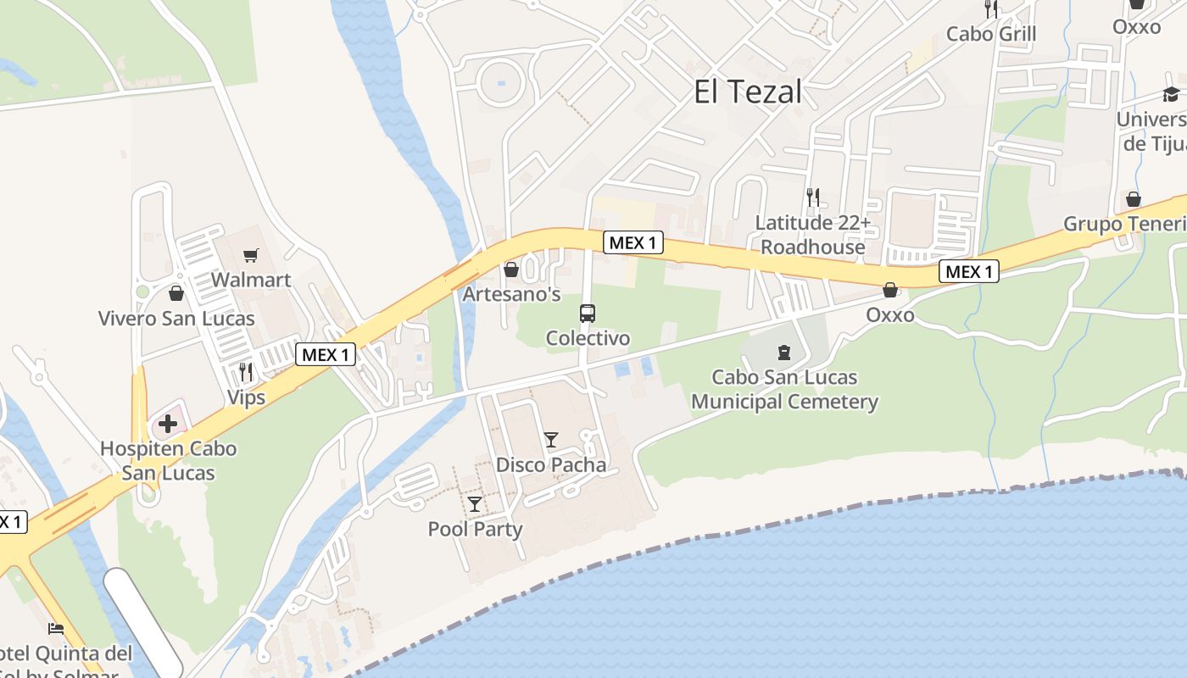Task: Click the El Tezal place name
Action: point(747,92)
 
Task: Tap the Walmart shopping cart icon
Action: point(250,255)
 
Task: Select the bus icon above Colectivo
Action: point(588,314)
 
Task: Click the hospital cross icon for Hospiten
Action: point(168,423)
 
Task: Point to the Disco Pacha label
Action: point(551,464)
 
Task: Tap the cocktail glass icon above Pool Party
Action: point(475,504)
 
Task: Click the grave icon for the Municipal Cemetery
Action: point(783,352)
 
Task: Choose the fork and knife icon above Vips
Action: point(246,371)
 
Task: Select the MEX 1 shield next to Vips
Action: point(326,355)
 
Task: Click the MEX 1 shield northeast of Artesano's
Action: point(633,243)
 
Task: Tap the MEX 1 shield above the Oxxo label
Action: point(969,272)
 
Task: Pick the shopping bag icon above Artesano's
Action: point(511,270)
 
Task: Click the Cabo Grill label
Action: point(991,34)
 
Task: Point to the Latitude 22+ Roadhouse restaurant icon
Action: point(813,197)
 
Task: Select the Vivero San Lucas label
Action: point(176,319)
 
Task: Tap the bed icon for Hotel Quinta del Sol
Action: point(56,628)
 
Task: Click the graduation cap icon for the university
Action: point(1171,94)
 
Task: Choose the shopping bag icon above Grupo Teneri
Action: point(1134,199)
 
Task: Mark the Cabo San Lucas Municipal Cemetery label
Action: point(784,389)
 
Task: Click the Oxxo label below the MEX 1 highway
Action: point(890,315)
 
